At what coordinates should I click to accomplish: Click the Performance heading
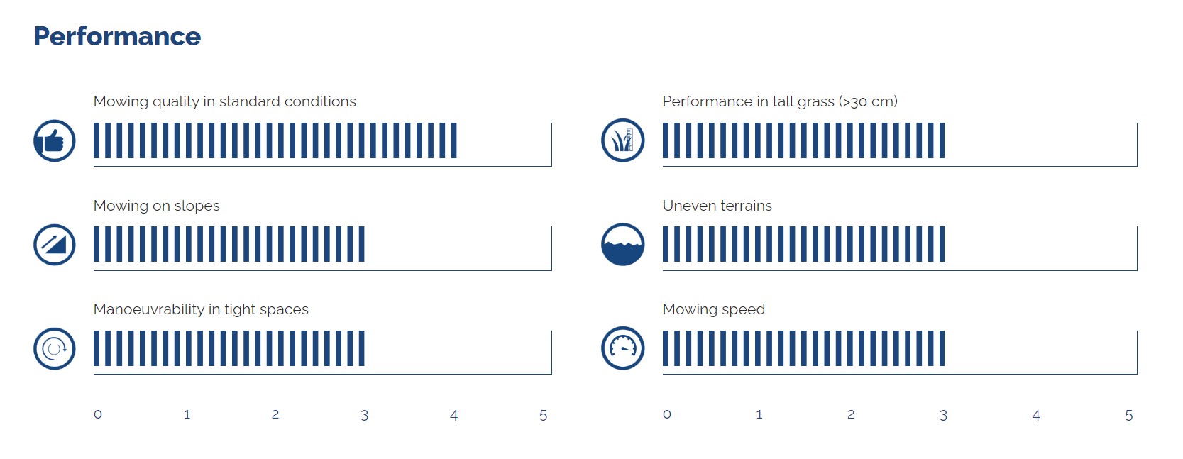tap(117, 37)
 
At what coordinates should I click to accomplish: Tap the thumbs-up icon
tap(55, 140)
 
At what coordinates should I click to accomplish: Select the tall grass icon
tap(622, 140)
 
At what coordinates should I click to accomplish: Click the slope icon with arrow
tap(55, 245)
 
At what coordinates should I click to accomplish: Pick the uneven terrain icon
tap(622, 244)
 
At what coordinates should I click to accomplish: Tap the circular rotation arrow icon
tap(55, 348)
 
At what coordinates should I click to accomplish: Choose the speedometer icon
tap(622, 348)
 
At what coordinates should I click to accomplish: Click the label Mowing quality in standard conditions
tap(224, 101)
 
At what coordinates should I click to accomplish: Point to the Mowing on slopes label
tap(156, 206)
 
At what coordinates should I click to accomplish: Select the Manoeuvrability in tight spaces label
tap(201, 309)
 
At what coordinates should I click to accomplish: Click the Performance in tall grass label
tap(780, 101)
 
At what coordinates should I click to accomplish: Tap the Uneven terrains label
tap(717, 206)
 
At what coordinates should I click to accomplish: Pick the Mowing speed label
tap(713, 309)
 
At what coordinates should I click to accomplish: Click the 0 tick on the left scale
tap(98, 414)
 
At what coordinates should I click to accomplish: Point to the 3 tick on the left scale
tap(364, 415)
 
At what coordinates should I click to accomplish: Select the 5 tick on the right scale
tap(1128, 415)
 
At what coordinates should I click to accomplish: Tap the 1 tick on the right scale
tap(759, 414)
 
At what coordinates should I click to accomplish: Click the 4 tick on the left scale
tap(453, 415)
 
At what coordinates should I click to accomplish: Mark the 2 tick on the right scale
tap(851, 414)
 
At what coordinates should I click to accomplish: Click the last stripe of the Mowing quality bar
tap(454, 140)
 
